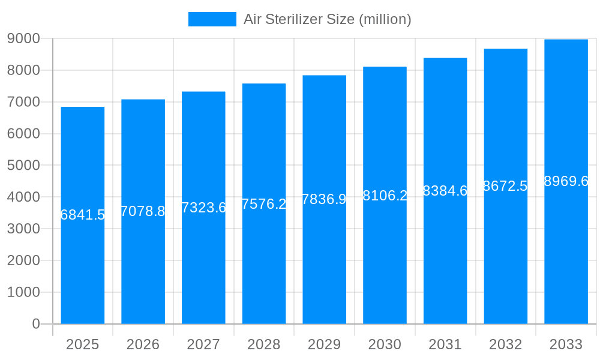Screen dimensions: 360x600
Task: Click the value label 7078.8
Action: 143,211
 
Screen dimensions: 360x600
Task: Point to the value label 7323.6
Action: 203,208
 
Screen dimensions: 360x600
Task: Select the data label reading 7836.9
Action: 324,199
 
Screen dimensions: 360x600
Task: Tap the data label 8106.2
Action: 385,195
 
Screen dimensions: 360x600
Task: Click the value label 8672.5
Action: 505,186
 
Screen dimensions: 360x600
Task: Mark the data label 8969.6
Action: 566,181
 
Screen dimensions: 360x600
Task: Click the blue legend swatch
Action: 212,19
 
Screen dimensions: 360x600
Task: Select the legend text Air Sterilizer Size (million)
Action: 327,19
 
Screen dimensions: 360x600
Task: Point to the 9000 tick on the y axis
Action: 23,38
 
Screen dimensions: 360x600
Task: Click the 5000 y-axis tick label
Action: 23,165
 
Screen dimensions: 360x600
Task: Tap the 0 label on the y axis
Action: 35,324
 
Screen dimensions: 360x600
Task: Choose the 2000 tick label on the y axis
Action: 23,260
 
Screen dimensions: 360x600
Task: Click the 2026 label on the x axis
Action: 143,344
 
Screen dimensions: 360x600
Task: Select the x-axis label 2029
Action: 324,344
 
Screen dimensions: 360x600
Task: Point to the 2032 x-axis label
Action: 505,344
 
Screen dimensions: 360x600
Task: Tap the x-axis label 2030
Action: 385,344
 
